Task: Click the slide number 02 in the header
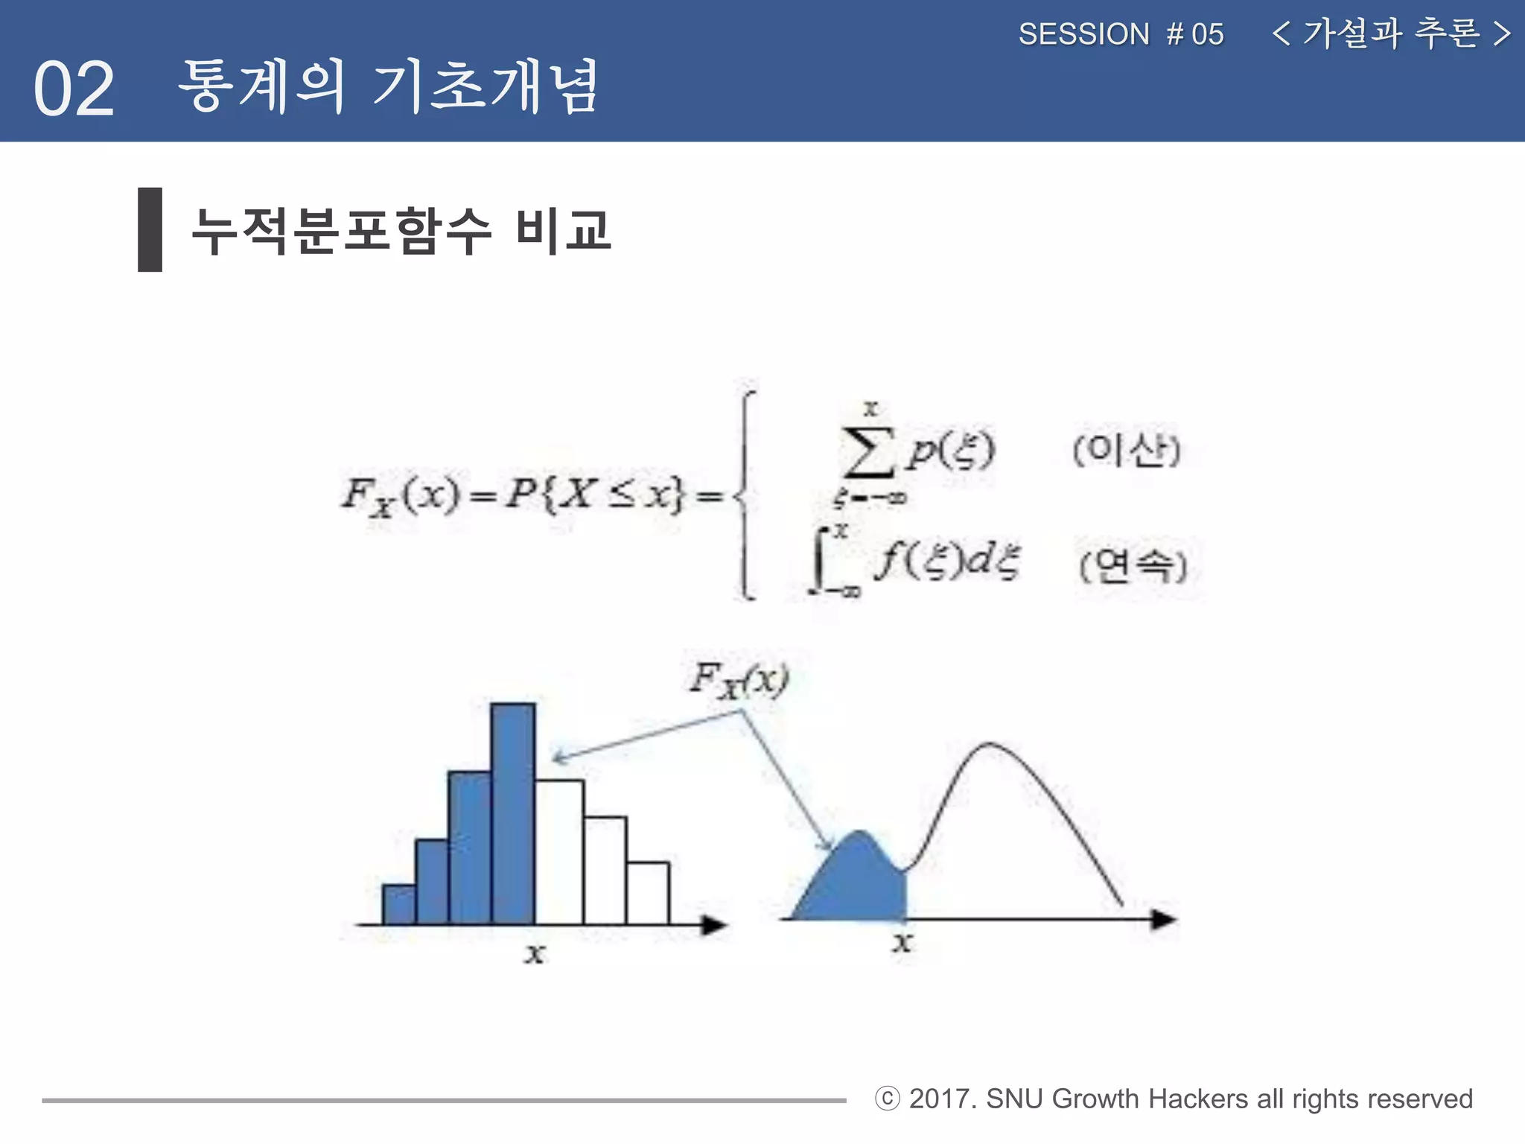74,89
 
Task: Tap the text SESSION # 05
1121,34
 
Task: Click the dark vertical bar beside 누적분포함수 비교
150,229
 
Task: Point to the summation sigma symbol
868,452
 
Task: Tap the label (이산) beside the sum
1127,450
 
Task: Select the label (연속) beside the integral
1133,566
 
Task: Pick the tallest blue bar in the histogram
513,813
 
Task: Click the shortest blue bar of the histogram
398,904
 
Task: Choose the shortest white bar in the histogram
648,893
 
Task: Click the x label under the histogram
535,953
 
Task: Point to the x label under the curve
902,943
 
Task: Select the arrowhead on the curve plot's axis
1164,919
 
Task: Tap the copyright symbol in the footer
887,1099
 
